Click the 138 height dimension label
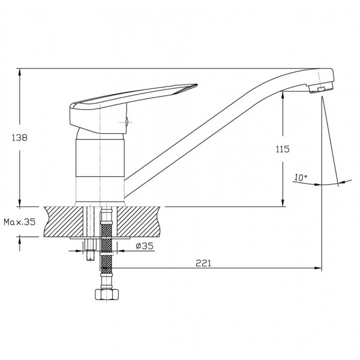(x=20, y=138)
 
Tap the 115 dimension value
(x=283, y=149)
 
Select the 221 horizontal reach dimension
(x=203, y=263)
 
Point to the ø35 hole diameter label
(x=145, y=246)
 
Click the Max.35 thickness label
(x=20, y=222)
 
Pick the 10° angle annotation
(x=301, y=178)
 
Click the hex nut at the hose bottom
(x=107, y=294)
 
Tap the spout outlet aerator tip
(x=321, y=88)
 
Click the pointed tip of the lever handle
(x=197, y=85)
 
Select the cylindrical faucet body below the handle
(x=100, y=167)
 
